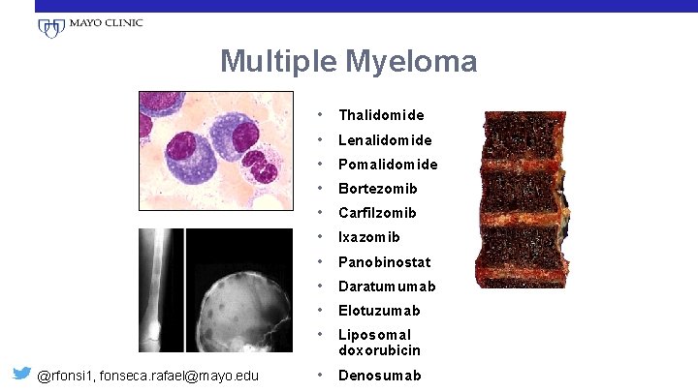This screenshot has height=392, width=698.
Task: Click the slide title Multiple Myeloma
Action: click(x=348, y=62)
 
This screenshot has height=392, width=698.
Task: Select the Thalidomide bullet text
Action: click(x=381, y=115)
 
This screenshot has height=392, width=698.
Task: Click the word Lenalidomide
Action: click(x=385, y=140)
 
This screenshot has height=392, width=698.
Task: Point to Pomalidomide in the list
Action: click(x=388, y=165)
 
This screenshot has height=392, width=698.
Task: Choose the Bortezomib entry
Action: click(x=377, y=189)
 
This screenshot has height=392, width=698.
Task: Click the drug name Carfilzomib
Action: click(x=377, y=213)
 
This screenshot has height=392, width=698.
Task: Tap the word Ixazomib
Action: click(x=369, y=237)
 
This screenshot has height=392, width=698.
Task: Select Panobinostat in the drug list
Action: click(x=385, y=262)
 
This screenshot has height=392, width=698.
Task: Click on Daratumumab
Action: click(x=387, y=286)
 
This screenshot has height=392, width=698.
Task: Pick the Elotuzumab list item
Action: click(x=379, y=311)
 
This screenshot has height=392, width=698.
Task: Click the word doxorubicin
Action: click(x=379, y=349)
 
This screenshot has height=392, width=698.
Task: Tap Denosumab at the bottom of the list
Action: click(x=379, y=375)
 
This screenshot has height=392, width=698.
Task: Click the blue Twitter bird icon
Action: click(x=19, y=374)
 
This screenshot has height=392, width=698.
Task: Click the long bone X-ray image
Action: click(x=160, y=290)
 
